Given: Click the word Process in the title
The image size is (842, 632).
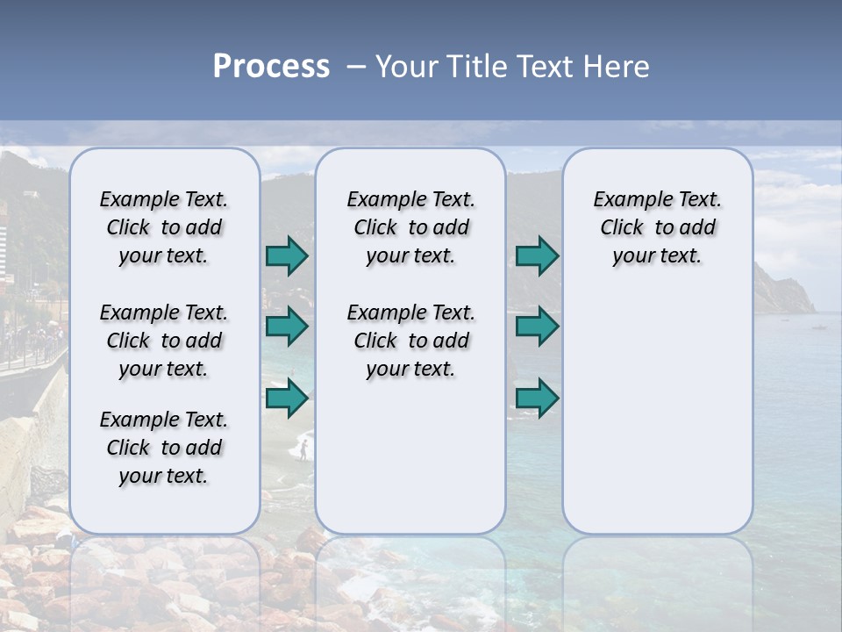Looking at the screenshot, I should (x=271, y=67).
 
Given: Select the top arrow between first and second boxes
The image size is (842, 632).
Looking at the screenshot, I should (x=286, y=256).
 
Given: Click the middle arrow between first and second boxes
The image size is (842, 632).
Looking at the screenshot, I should (x=286, y=327).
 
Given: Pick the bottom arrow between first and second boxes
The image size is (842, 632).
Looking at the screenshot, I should (x=286, y=399).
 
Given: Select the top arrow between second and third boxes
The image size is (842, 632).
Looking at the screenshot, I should (x=537, y=256).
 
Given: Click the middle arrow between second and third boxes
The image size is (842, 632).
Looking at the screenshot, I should (x=537, y=327).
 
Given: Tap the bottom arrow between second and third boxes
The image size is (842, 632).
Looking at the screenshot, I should (x=537, y=399).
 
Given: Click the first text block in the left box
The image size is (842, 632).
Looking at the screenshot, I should (x=164, y=227).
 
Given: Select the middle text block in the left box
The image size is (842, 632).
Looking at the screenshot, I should (x=164, y=341).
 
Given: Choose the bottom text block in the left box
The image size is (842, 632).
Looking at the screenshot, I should (x=164, y=448).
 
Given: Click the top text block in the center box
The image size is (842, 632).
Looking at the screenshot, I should (x=410, y=227).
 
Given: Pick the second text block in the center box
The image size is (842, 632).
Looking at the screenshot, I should (x=410, y=341).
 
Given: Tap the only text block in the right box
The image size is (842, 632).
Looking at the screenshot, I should (x=657, y=227).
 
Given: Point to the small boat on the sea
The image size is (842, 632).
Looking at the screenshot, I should (x=818, y=327).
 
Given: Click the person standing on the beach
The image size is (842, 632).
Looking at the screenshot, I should (x=303, y=450).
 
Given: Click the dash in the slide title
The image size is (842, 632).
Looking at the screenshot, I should (x=356, y=67).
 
